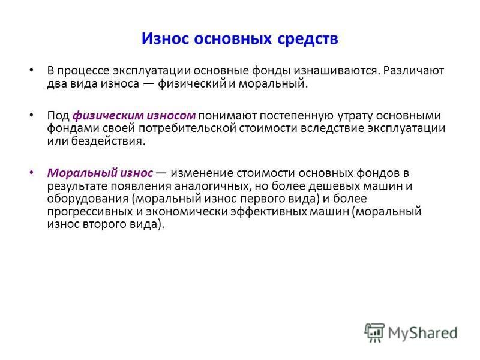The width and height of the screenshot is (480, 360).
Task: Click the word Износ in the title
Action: (165, 38)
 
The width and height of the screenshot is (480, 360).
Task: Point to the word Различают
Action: (413, 71)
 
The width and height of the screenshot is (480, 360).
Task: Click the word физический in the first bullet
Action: (192, 83)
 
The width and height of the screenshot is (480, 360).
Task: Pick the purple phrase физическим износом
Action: (134, 116)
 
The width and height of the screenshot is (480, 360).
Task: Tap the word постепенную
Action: (296, 116)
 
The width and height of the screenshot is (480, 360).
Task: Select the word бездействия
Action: (108, 141)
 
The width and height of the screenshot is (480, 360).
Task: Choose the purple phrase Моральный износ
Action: (100, 173)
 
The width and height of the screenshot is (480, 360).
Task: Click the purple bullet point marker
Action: (32, 172)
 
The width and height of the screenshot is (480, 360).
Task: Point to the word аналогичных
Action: (213, 186)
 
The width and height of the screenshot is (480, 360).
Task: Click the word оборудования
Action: (88, 199)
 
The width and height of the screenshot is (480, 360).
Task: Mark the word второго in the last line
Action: (103, 224)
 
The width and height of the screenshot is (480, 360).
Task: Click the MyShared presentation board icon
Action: (374, 332)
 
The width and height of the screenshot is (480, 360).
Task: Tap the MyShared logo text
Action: (423, 333)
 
